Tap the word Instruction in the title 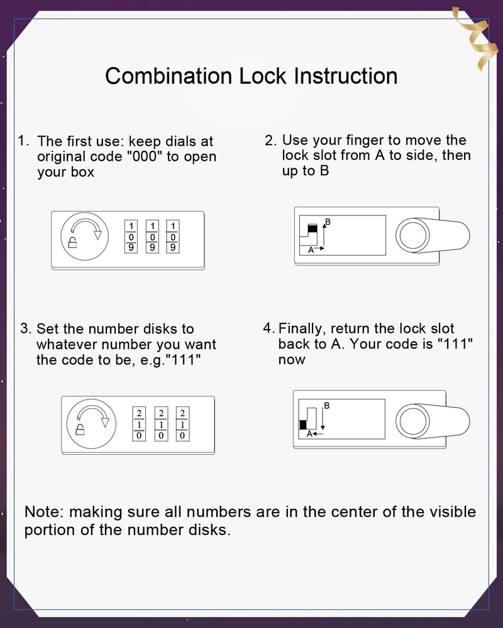click(x=345, y=76)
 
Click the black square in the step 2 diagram click(x=312, y=229)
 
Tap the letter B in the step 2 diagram click(x=328, y=222)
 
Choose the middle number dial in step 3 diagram click(x=161, y=423)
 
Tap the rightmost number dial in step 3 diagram click(x=182, y=423)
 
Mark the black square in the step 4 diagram click(x=303, y=424)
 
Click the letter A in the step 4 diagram click(x=309, y=434)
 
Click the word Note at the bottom click(x=43, y=511)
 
